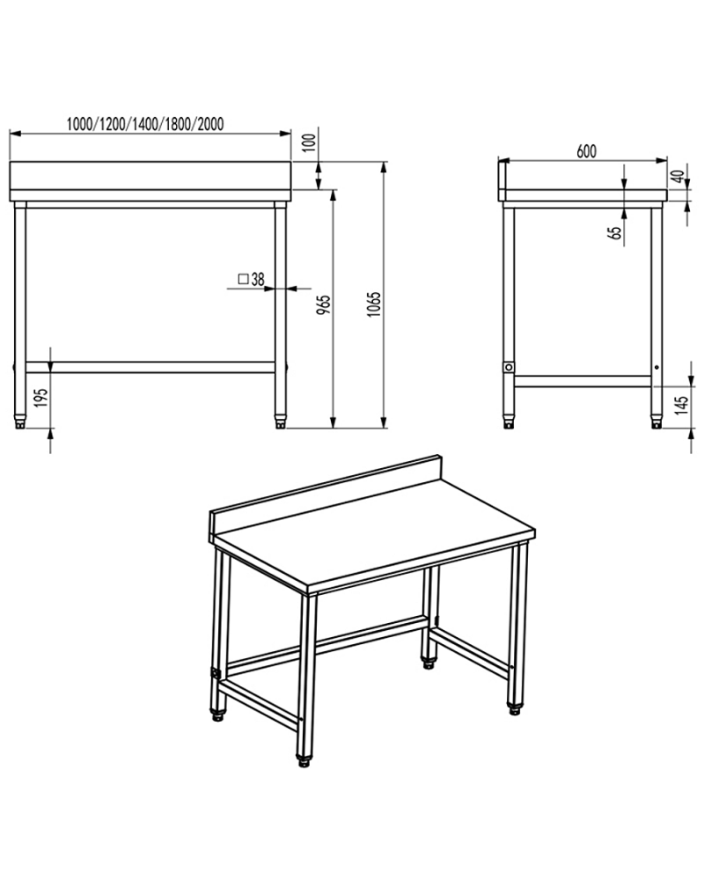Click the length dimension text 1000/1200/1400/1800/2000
(144, 124)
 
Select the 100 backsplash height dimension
(308, 143)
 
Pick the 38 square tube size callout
(258, 280)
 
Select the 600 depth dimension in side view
(586, 150)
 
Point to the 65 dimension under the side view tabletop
(615, 231)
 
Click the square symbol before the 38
(242, 280)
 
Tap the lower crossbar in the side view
(583, 381)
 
